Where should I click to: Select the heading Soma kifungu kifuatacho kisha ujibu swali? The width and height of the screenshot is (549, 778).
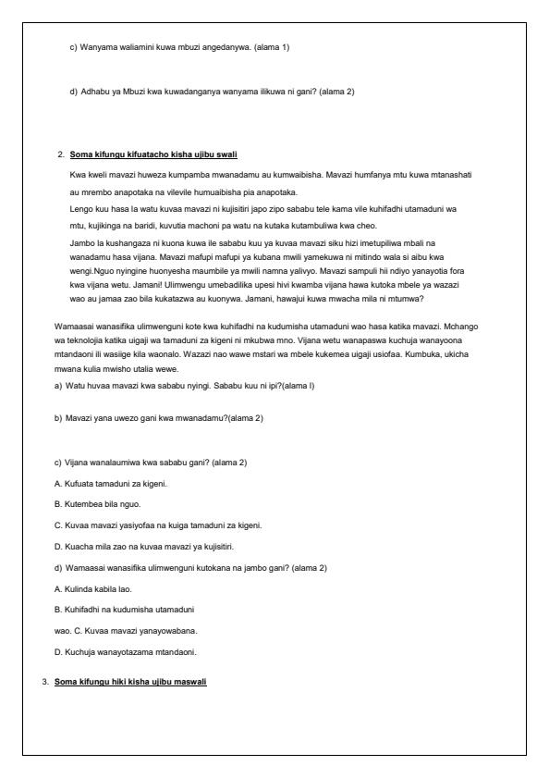[x=154, y=153]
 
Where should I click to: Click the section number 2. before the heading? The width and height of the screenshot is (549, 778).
[x=60, y=153]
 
